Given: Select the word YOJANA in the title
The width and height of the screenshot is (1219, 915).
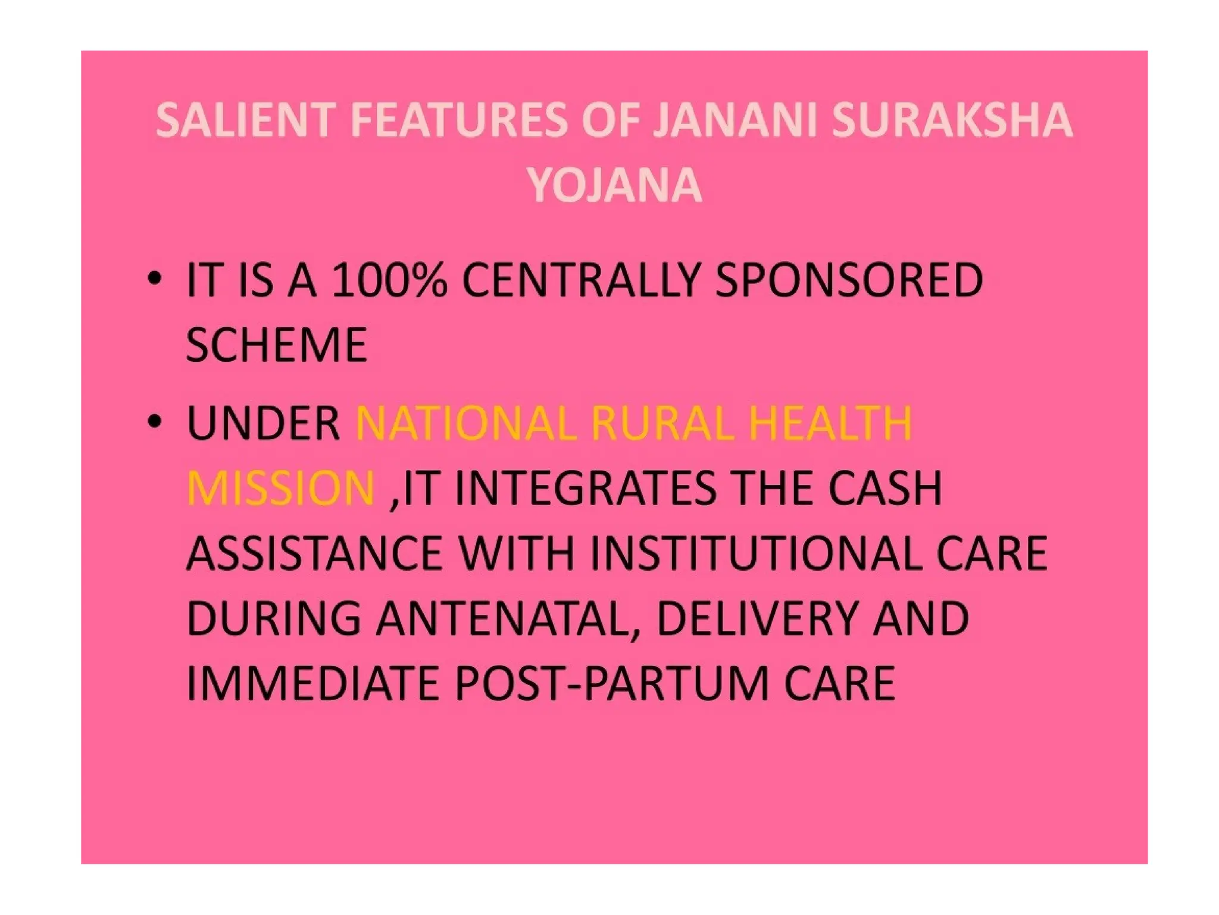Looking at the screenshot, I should [614, 185].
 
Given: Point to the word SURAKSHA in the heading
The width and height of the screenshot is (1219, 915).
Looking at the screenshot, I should [952, 120].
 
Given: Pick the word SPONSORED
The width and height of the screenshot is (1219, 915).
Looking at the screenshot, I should [849, 280].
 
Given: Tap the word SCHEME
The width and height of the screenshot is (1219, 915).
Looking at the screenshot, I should [276, 345].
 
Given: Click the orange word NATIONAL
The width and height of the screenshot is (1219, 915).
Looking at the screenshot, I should [465, 424].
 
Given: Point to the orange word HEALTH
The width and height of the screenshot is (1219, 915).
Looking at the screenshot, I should [830, 424].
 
